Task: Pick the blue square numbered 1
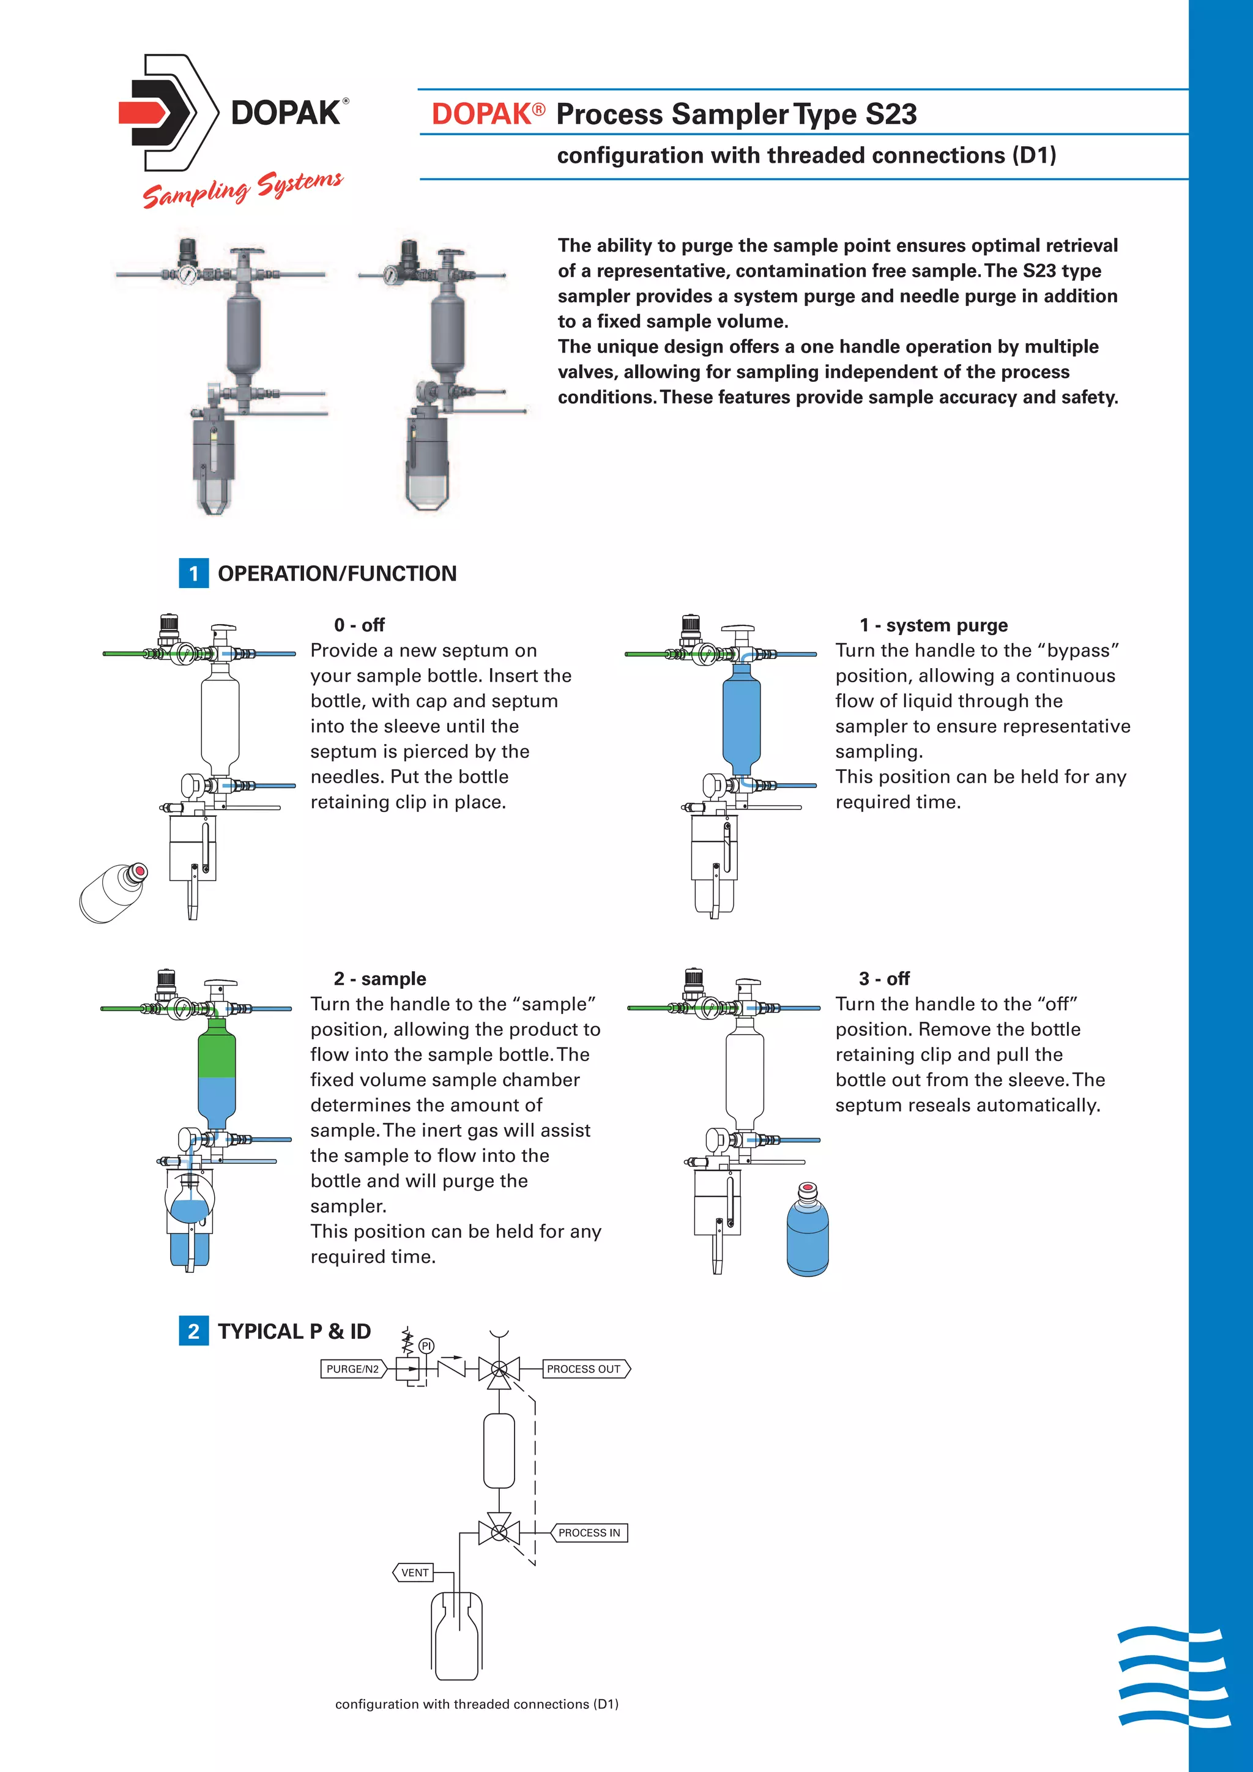coord(194,573)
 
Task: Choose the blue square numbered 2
coord(194,1331)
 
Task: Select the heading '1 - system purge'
coord(934,625)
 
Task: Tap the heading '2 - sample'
coord(379,978)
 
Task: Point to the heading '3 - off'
coord(884,978)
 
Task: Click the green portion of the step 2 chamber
coord(217,1049)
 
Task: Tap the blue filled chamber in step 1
coord(742,718)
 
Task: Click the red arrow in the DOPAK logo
coord(144,113)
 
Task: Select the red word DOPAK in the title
coord(481,114)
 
